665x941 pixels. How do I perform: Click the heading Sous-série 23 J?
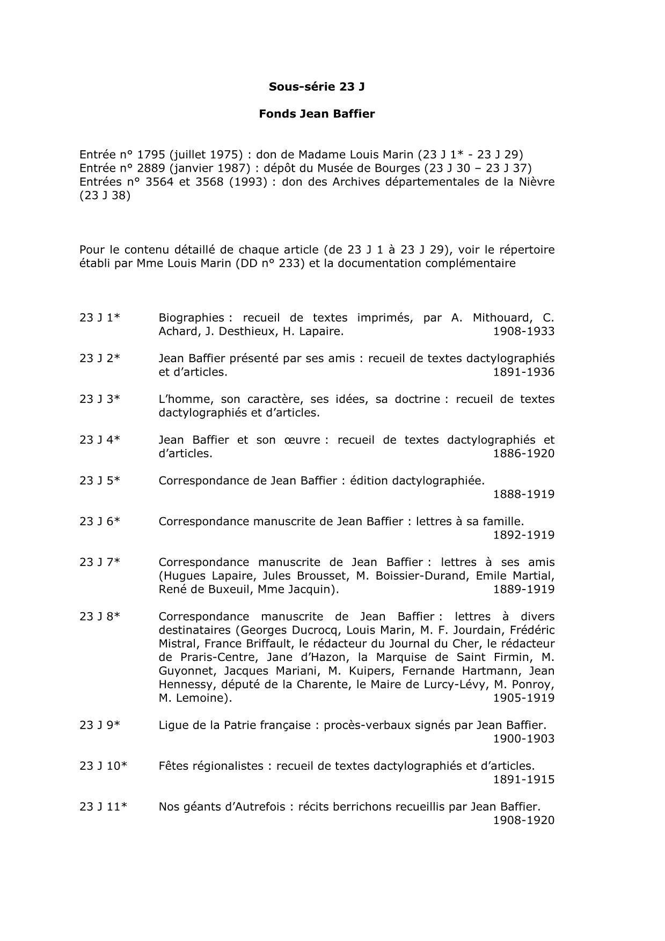click(317, 86)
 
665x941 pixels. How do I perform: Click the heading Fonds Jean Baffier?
click(317, 114)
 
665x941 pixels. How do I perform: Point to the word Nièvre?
click(536, 182)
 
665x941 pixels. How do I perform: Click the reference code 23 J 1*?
click(100, 318)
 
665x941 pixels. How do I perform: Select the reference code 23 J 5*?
click(100, 481)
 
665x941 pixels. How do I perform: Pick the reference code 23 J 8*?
click(100, 616)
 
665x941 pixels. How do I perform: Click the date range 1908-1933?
click(523, 332)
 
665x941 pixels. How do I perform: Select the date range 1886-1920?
click(523, 453)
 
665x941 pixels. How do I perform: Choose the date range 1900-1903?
click(523, 739)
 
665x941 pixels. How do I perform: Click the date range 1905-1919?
click(523, 698)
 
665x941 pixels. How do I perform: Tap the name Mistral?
click(178, 644)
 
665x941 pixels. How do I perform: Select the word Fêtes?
click(174, 766)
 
